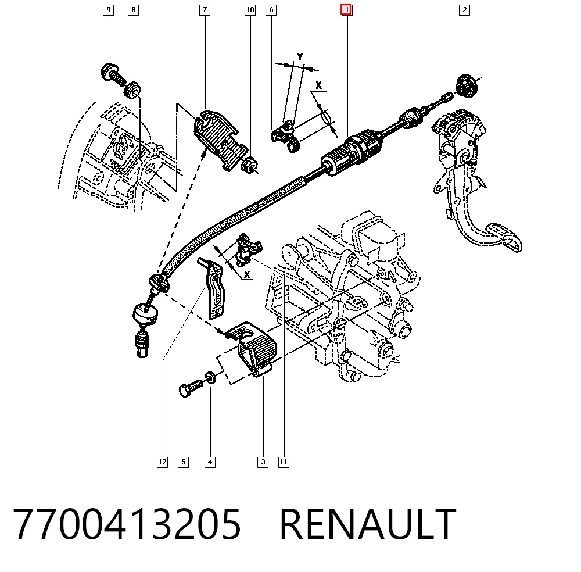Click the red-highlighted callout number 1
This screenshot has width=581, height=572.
tap(346, 10)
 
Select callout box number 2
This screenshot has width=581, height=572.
tap(464, 10)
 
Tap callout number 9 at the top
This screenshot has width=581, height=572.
tap(108, 10)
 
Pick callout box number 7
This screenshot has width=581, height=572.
tap(205, 10)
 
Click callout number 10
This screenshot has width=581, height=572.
tap(250, 10)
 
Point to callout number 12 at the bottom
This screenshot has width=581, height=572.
tap(162, 462)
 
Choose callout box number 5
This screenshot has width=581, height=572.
tap(184, 462)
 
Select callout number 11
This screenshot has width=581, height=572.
tap(284, 462)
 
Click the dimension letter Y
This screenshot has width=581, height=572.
tap(300, 57)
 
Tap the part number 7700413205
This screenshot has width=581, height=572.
tap(127, 524)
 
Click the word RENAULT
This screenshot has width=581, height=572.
tap(368, 524)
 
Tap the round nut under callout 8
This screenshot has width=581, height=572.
tap(132, 90)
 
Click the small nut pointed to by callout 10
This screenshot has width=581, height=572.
tap(249, 165)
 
